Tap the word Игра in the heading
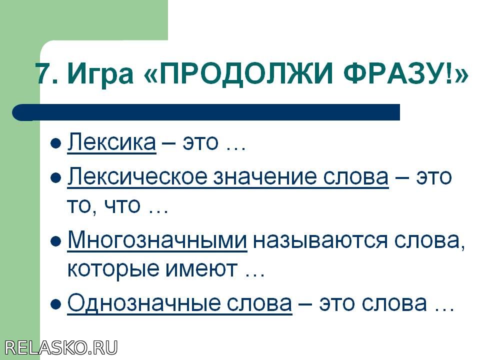click(x=100, y=75)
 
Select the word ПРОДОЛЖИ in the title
click(x=245, y=74)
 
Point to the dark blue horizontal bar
click(x=206, y=112)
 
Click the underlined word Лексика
click(x=111, y=142)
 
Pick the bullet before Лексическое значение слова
click(x=55, y=178)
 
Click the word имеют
click(x=201, y=269)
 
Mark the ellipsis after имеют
click(x=254, y=275)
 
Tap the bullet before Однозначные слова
click(x=55, y=304)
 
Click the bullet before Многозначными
click(x=55, y=241)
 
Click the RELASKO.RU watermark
click(x=61, y=348)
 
